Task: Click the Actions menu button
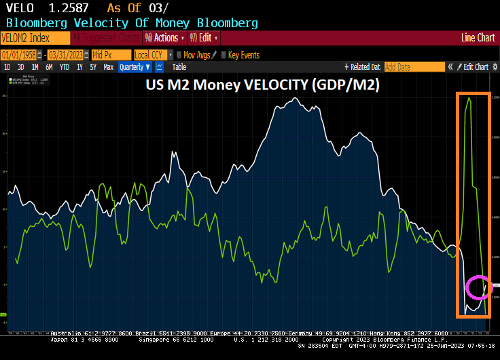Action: coord(163,38)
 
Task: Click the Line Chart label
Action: coord(478,38)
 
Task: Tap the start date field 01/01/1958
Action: coord(18,55)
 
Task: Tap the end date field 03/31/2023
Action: coord(66,55)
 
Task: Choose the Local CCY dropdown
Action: coord(152,55)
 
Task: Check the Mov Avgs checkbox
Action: coord(179,55)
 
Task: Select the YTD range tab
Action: coord(65,67)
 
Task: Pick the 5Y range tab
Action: coord(93,67)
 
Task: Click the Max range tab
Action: coord(108,67)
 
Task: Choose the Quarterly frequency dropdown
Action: coord(134,67)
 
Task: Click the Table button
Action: coord(179,67)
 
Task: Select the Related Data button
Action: coord(364,67)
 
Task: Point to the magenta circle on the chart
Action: coord(478,287)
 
